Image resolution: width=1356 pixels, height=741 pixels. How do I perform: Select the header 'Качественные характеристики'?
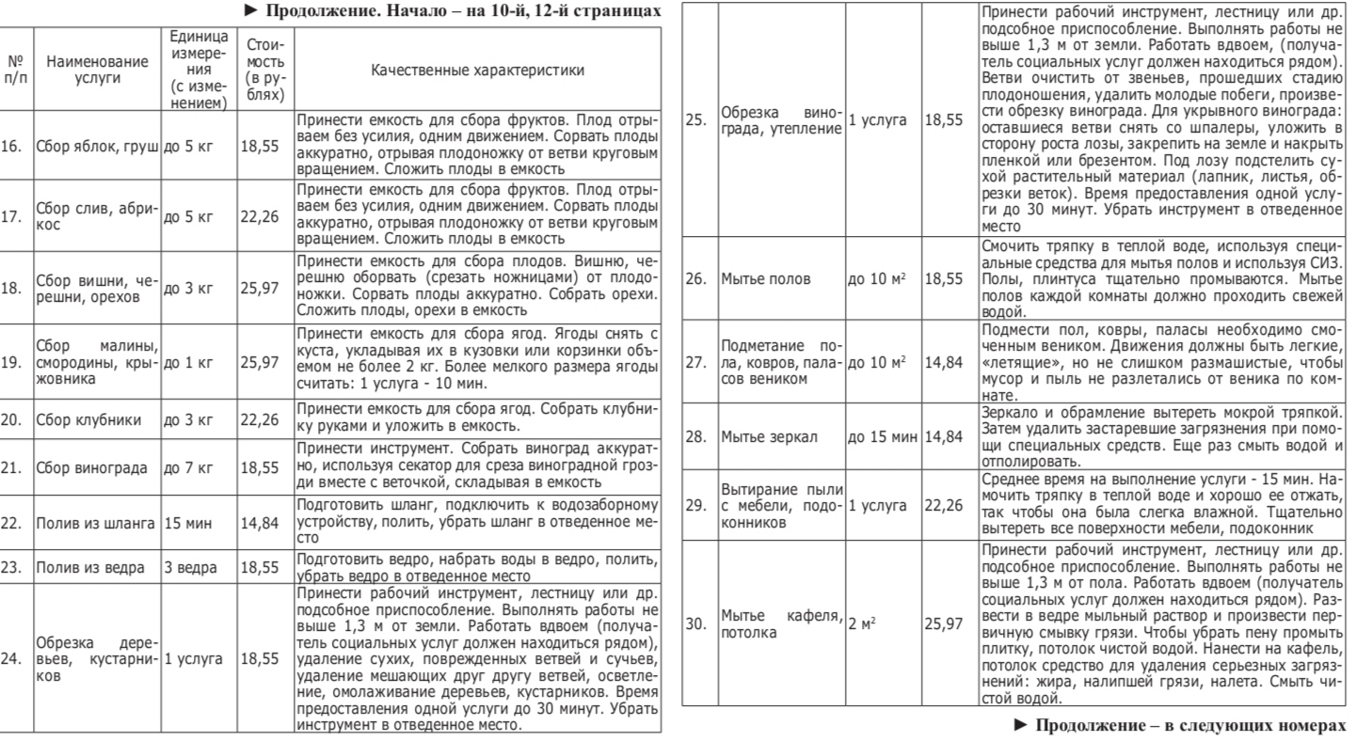tap(476, 71)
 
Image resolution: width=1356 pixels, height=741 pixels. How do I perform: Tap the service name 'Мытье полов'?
tap(761, 279)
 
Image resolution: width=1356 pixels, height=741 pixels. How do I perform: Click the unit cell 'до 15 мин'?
tap(884, 436)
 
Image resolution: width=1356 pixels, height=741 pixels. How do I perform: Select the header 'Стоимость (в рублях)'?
tap(259, 71)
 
